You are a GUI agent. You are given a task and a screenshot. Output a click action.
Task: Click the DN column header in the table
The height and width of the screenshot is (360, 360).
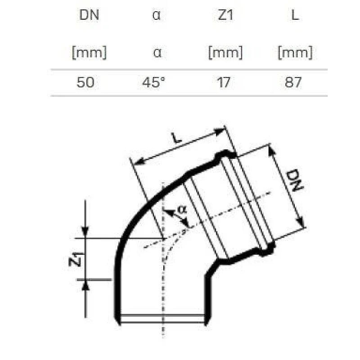click(89, 15)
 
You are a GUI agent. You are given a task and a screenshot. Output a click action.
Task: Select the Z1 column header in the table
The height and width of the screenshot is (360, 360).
click(225, 15)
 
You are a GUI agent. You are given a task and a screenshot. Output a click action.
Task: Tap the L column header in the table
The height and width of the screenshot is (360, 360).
click(295, 15)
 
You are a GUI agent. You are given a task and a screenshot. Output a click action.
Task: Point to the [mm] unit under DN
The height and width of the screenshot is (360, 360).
click(89, 53)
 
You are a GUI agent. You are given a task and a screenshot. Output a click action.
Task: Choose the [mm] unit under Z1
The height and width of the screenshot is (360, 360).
click(225, 53)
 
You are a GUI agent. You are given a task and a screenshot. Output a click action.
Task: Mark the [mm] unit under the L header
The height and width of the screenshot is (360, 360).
click(295, 53)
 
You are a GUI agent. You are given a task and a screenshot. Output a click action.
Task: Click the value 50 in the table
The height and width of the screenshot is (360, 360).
click(85, 83)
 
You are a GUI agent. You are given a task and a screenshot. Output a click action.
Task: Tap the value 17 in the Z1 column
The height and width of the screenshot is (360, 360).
click(224, 83)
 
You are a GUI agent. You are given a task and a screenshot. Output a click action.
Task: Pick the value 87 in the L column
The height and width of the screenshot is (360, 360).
click(293, 83)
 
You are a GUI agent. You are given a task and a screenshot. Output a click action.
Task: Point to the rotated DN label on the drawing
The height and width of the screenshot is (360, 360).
click(293, 181)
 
